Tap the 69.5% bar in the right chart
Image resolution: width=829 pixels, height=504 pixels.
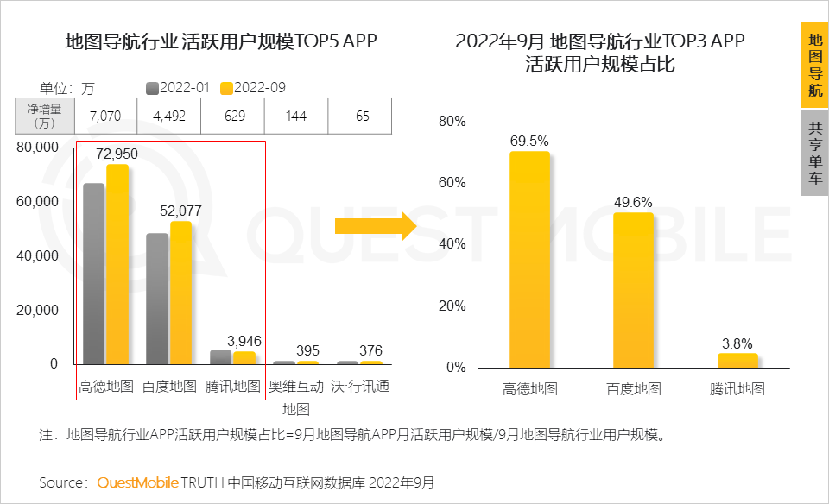(529, 259)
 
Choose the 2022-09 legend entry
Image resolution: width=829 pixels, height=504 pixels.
(253, 87)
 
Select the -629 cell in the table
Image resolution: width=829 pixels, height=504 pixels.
(232, 116)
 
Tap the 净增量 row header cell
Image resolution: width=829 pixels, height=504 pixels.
(46, 116)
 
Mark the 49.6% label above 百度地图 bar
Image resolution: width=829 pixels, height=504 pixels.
(633, 202)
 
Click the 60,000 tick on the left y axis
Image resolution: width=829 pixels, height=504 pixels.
(38, 201)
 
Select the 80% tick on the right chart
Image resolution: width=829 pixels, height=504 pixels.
(452, 122)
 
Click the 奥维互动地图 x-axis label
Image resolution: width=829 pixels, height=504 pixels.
(296, 397)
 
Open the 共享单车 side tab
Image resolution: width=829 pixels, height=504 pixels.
(814, 154)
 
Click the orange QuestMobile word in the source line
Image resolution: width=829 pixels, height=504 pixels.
(137, 482)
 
